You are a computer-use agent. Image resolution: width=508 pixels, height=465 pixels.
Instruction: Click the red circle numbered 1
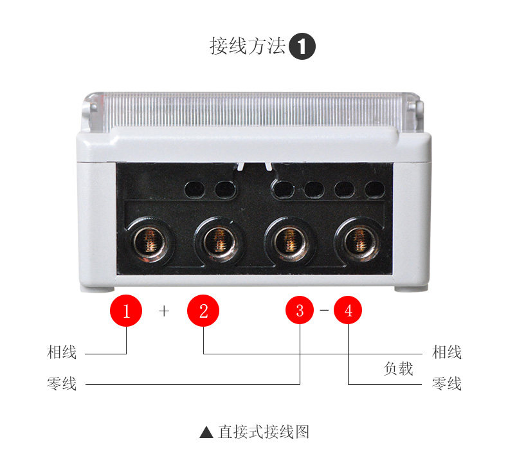tap(127, 311)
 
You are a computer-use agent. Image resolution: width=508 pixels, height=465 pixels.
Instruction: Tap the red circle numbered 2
tap(203, 311)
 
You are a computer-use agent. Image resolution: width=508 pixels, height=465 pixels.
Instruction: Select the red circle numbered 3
tap(300, 311)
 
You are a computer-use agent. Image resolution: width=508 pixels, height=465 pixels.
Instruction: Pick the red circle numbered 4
tap(348, 311)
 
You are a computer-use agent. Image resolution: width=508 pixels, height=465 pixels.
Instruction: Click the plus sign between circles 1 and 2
tap(165, 311)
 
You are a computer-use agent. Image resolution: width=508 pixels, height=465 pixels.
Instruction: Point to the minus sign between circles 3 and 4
tap(324, 311)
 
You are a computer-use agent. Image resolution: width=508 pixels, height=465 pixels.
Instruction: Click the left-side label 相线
tap(62, 352)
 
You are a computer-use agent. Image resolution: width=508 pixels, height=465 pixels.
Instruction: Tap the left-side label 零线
tap(62, 384)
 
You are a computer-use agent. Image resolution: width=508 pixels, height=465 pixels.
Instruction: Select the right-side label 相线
tap(447, 352)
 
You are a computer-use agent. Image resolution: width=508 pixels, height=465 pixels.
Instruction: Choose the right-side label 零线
tap(447, 384)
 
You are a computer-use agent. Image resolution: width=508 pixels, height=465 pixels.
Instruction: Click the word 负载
tap(398, 369)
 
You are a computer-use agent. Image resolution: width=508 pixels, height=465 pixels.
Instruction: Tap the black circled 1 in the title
tap(302, 47)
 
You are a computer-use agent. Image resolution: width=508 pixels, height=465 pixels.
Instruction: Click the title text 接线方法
tap(248, 46)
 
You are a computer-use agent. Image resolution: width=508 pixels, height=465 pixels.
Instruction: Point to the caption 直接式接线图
tap(264, 432)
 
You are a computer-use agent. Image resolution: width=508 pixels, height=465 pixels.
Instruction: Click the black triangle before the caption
tap(206, 432)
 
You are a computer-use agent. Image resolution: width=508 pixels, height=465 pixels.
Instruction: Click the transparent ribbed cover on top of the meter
tap(254, 109)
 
